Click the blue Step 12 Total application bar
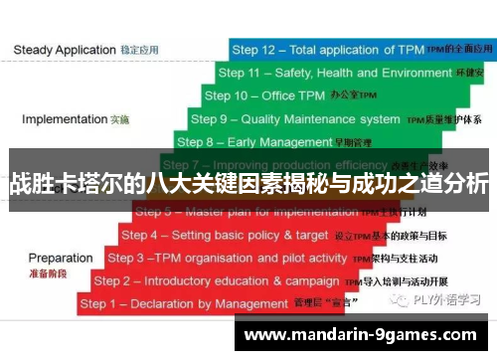click(358, 49)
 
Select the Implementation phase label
click(75, 119)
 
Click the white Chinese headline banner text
click(248, 183)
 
